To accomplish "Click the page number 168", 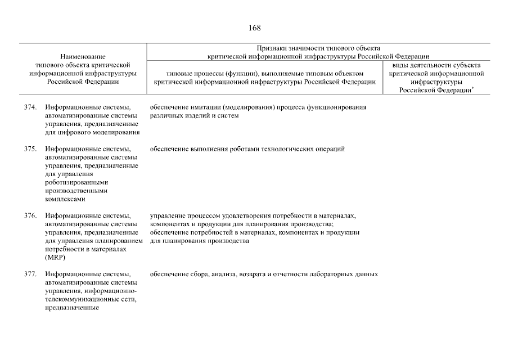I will (254, 28).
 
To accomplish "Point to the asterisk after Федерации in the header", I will (471, 88).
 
